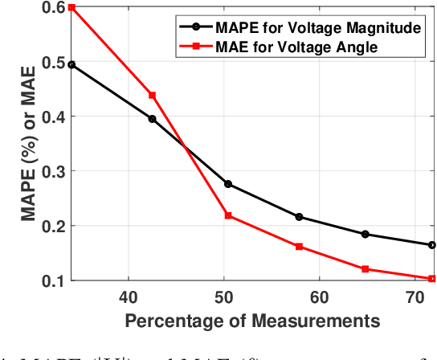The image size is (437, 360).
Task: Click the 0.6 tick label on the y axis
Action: click(x=54, y=7)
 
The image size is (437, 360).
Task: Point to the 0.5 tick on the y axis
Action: click(x=54, y=62)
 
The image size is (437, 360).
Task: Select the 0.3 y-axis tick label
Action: click(x=54, y=171)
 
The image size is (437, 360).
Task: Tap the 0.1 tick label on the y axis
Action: click(x=54, y=280)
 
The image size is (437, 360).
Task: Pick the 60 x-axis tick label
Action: click(x=319, y=297)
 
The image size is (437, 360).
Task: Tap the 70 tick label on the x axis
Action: click(x=414, y=297)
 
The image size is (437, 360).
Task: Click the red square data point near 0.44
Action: click(x=153, y=95)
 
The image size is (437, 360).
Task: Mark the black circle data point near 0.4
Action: click(x=153, y=119)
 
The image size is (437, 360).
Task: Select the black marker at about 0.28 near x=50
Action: click(x=228, y=184)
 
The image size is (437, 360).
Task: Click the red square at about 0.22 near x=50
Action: click(x=228, y=215)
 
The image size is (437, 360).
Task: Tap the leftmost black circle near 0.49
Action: click(x=72, y=64)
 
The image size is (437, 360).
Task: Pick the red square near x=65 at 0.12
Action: click(x=366, y=269)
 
